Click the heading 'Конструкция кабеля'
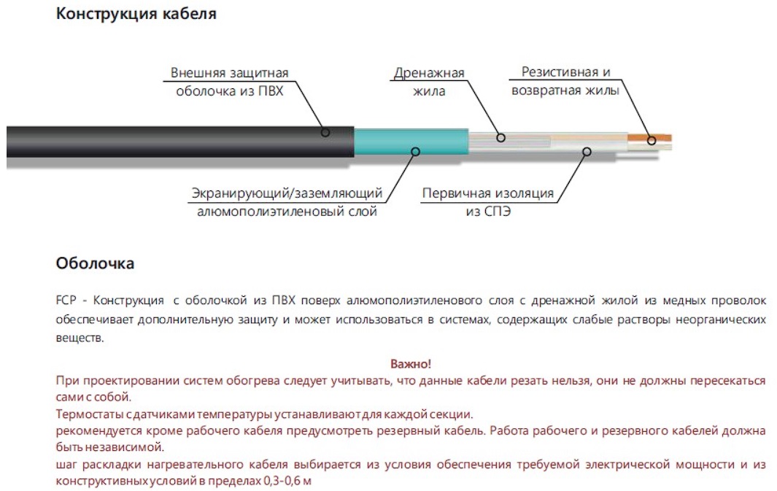tap(136, 14)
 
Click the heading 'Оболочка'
tap(95, 263)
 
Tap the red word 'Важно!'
tap(411, 363)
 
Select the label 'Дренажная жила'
tap(429, 82)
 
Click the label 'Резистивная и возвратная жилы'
tap(565, 81)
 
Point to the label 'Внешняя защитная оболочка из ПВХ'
tap(229, 82)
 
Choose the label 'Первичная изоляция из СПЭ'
tap(488, 202)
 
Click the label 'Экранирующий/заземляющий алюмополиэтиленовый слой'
tap(287, 202)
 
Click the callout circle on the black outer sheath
tap(325, 132)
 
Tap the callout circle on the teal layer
tap(416, 152)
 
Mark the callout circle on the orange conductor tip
tap(652, 141)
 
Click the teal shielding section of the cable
tap(411, 142)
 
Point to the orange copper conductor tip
tap(649, 138)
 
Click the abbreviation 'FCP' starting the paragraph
tap(66, 301)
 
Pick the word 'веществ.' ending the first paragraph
tap(80, 338)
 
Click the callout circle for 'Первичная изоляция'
tap(587, 152)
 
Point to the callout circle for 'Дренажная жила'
tap(501, 138)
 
